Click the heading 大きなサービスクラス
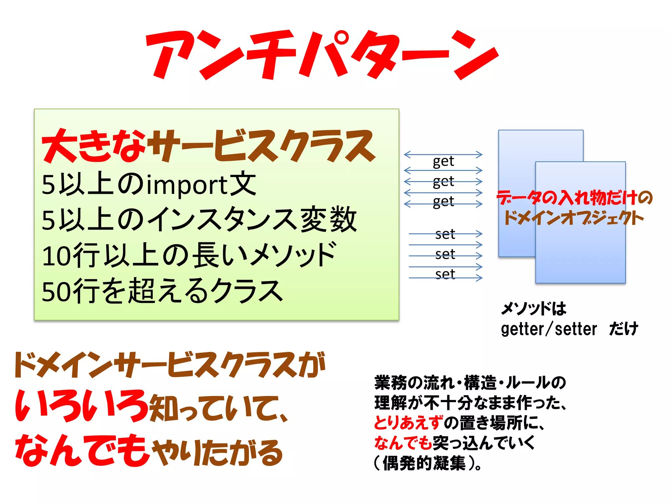(x=208, y=146)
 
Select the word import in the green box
(x=186, y=185)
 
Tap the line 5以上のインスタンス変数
(x=199, y=220)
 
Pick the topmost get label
(x=443, y=161)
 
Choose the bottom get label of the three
(x=443, y=201)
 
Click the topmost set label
(x=445, y=234)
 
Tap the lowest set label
(x=445, y=274)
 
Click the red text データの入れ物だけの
(x=574, y=198)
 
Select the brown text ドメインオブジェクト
(x=573, y=218)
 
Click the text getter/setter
(x=549, y=329)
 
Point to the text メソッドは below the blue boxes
(x=533, y=308)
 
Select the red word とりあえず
(x=408, y=423)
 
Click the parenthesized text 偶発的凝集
(x=424, y=463)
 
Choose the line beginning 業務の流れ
(x=470, y=383)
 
